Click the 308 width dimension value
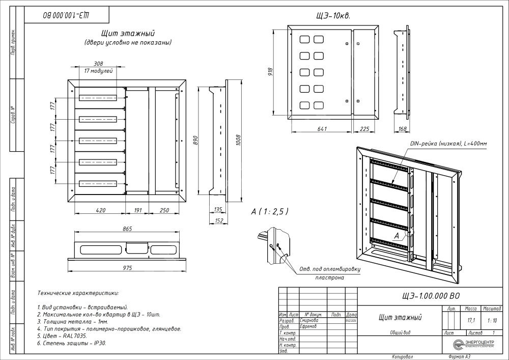[99, 64]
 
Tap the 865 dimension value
[128, 230]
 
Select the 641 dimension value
[321, 129]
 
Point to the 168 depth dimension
[402, 129]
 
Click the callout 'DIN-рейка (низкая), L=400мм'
[448, 144]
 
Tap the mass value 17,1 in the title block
[471, 320]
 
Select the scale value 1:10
[492, 320]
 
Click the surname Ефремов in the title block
[309, 326]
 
